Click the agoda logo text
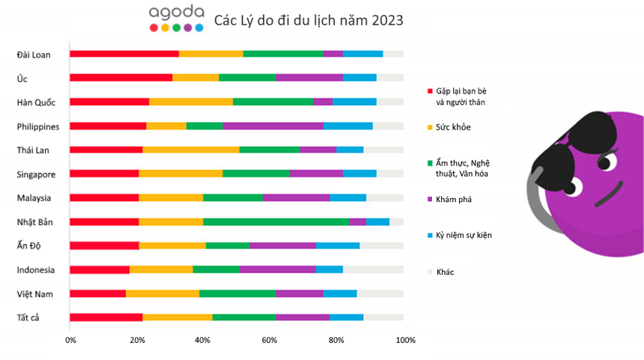(176, 13)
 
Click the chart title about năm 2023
(309, 20)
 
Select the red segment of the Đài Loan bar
(124, 54)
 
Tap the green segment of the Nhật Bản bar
(276, 222)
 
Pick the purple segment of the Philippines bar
(273, 126)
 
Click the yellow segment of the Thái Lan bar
(191, 150)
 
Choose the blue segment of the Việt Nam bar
(340, 293)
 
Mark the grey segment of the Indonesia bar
(373, 269)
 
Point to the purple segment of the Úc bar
(309, 77)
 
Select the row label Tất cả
(28, 317)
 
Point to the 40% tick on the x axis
(202, 341)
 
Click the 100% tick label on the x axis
(405, 341)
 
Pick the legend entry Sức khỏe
(453, 127)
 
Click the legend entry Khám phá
(454, 200)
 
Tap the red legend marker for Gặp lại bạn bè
(429, 91)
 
